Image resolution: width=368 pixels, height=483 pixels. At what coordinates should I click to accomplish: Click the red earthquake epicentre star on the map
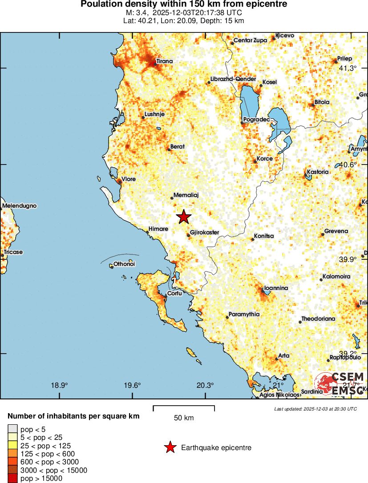184,217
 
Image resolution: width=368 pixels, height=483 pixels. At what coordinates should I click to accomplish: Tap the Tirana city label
164,61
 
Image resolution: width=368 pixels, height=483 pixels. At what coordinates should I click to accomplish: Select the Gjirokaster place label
204,232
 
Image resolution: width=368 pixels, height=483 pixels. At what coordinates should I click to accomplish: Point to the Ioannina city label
276,288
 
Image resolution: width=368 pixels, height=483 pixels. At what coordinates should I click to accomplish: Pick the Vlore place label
128,179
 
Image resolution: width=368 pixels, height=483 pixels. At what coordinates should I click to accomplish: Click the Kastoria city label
318,172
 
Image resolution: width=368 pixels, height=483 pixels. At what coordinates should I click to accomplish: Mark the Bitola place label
322,102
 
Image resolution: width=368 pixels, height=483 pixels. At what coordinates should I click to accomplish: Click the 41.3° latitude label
348,68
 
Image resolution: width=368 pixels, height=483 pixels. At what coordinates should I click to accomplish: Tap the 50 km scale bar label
183,418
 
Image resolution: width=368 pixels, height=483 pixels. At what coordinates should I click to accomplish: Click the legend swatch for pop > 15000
12,479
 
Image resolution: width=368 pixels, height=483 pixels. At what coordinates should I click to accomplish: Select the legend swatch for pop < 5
12,429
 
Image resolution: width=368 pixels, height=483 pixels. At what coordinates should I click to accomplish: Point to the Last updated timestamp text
315,409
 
